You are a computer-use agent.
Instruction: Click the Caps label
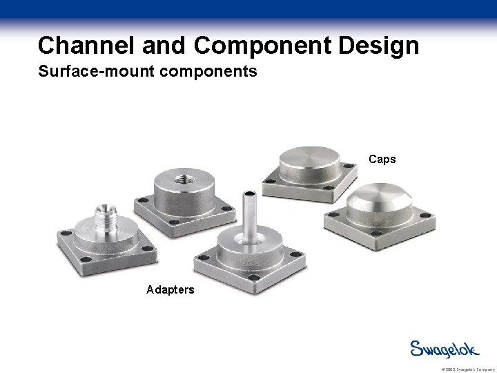tap(382, 159)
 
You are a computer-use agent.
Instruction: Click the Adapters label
tap(170, 289)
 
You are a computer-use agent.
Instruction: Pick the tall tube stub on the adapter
tap(248, 214)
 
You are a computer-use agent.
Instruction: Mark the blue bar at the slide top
tap(248, 9)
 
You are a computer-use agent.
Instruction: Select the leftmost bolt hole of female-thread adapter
tap(143, 200)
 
